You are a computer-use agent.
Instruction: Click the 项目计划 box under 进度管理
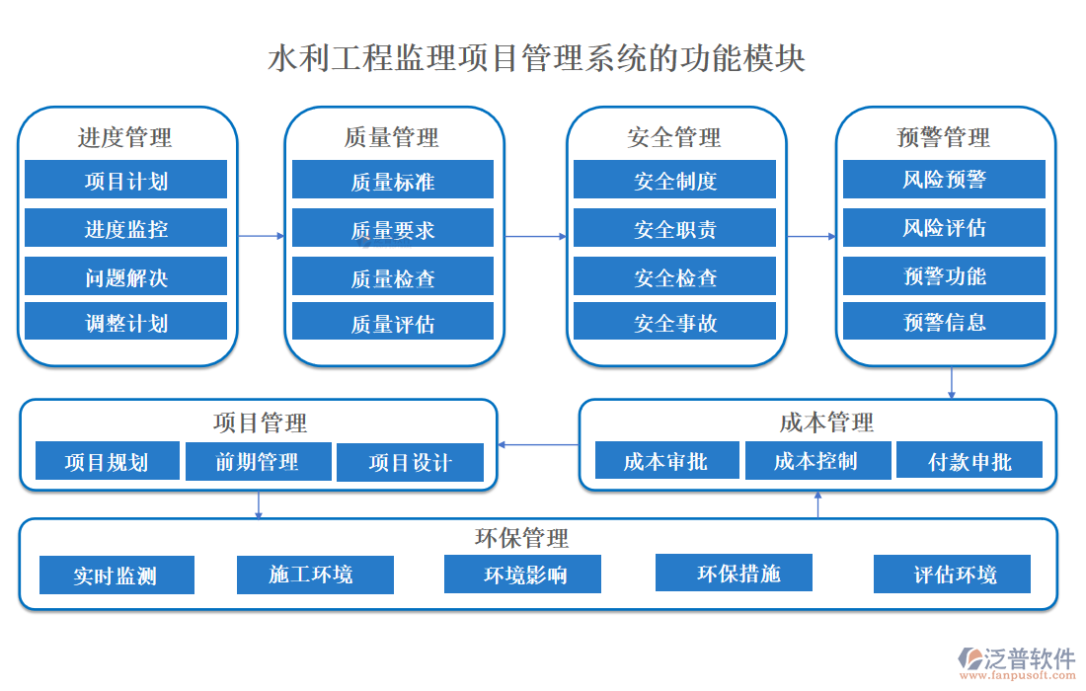(125, 181)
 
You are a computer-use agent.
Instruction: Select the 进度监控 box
(125, 229)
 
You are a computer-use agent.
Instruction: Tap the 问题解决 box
(125, 277)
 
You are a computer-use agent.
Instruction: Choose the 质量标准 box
(392, 181)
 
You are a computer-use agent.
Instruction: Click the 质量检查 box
(392, 278)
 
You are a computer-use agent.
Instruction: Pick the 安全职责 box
(674, 229)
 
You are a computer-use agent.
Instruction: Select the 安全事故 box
(674, 323)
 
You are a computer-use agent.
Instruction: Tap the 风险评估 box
(944, 228)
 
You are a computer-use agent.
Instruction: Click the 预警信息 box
(944, 322)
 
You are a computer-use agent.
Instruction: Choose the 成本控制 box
(815, 460)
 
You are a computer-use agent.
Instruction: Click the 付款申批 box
(970, 461)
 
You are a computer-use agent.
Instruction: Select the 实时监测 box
(116, 576)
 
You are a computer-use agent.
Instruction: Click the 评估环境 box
(953, 575)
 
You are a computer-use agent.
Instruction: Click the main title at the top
(537, 58)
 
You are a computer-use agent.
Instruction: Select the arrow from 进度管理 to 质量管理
(261, 236)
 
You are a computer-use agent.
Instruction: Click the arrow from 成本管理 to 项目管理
(538, 445)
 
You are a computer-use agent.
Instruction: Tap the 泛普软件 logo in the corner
(1016, 660)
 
